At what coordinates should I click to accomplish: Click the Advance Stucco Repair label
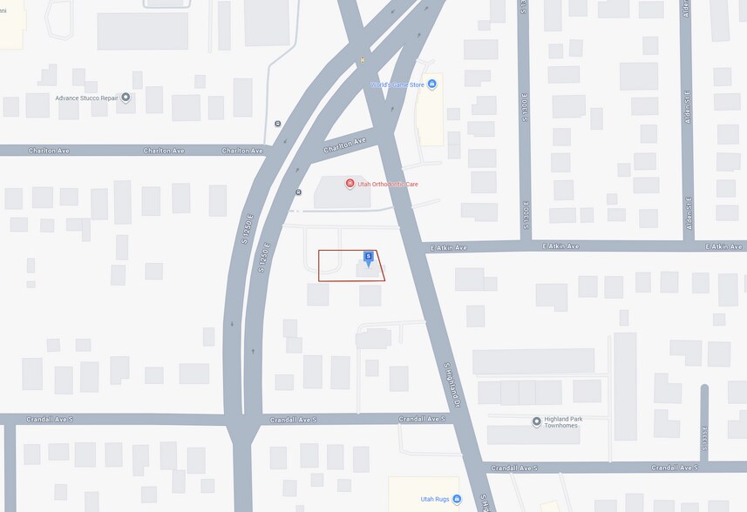85,98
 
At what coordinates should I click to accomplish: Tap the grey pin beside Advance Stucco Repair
126,98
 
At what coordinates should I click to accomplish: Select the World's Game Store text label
397,84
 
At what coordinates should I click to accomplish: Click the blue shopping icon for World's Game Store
431,84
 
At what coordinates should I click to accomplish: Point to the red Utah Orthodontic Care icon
350,183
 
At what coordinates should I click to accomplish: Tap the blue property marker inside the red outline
369,258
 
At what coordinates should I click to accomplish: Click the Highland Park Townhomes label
567,421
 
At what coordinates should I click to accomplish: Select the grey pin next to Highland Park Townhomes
536,421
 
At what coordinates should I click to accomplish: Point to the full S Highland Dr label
452,383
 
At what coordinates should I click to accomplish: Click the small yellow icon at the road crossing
363,60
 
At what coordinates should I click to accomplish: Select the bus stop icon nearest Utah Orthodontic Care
294,192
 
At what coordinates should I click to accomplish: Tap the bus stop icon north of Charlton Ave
277,124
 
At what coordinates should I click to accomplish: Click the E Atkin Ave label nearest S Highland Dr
449,247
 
